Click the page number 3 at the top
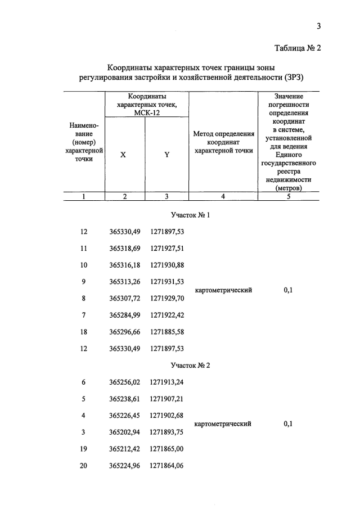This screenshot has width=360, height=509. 318,26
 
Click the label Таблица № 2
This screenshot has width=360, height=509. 298,48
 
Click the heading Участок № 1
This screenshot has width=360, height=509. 190,215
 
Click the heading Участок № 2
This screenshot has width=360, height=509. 190,366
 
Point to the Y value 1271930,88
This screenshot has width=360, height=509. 170,265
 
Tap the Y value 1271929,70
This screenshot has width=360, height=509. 170,298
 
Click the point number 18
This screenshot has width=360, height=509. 84,332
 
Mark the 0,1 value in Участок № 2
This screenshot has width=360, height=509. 288,424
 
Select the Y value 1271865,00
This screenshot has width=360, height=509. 170,449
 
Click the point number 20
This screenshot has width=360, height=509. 84,466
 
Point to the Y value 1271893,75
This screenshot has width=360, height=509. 170,433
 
